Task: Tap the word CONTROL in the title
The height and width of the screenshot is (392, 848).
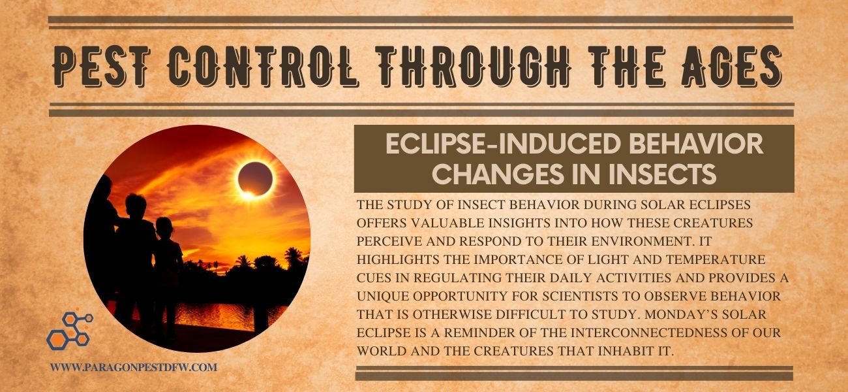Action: pos(263,67)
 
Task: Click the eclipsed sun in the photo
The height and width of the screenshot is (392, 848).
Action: pos(255,179)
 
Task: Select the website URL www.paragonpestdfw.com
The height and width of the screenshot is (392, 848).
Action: pos(134,367)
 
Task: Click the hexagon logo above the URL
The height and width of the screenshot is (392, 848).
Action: pos(70,330)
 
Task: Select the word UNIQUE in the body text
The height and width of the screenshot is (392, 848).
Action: pos(383,296)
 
